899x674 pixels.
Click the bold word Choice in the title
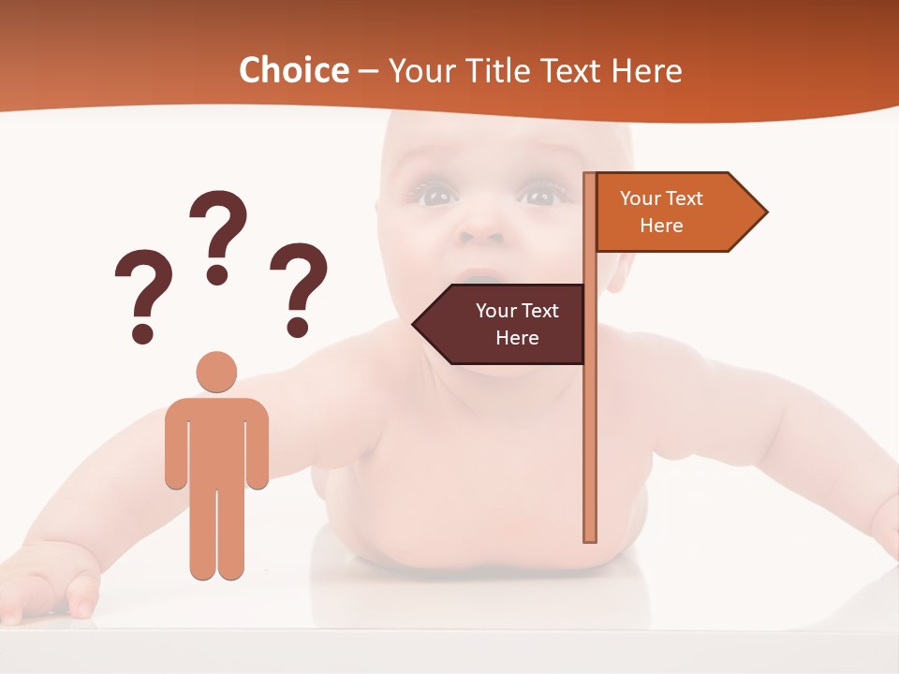click(293, 70)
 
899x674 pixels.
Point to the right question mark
click(299, 288)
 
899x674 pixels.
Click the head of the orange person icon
click(216, 372)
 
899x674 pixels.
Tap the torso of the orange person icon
click(216, 440)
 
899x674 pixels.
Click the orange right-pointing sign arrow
click(674, 212)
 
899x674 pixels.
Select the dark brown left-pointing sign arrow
click(506, 324)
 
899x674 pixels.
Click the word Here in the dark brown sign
click(517, 338)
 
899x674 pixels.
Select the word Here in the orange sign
click(661, 226)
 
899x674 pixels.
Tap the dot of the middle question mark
click(218, 273)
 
